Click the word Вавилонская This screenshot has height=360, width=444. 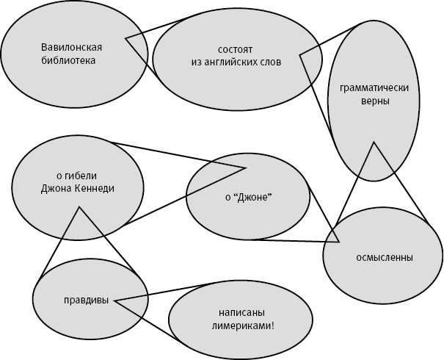(70, 48)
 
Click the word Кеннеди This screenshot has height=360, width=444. (93, 188)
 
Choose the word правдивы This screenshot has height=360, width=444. (86, 300)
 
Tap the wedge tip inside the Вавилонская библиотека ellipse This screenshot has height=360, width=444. (126, 38)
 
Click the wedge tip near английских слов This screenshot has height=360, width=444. (300, 54)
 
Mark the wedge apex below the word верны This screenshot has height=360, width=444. (375, 142)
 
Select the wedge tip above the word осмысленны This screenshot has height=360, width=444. (338, 242)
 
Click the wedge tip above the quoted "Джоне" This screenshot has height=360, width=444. (245, 168)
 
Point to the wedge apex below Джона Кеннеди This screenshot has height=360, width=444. (78, 208)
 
